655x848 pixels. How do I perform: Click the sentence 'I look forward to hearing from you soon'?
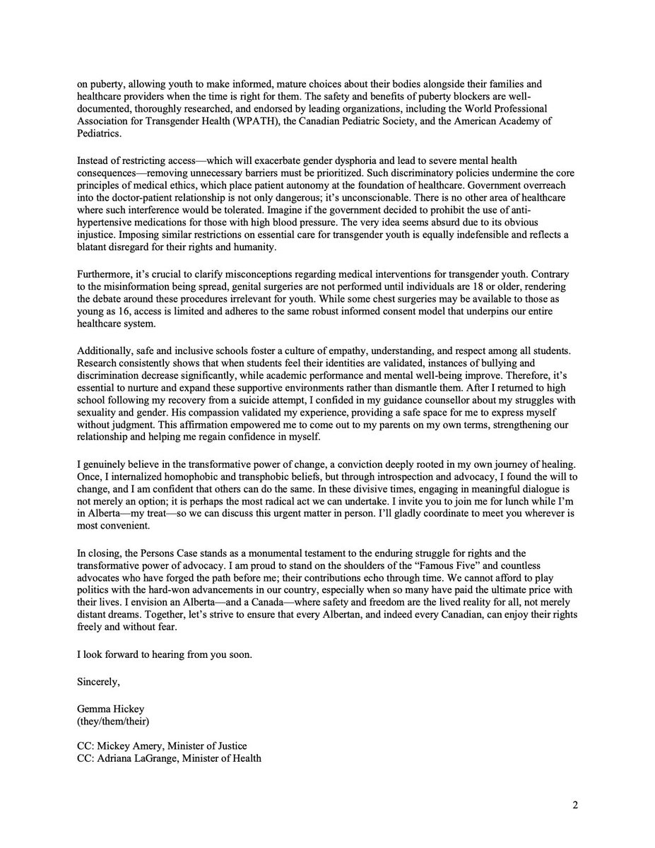[x=163, y=654]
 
